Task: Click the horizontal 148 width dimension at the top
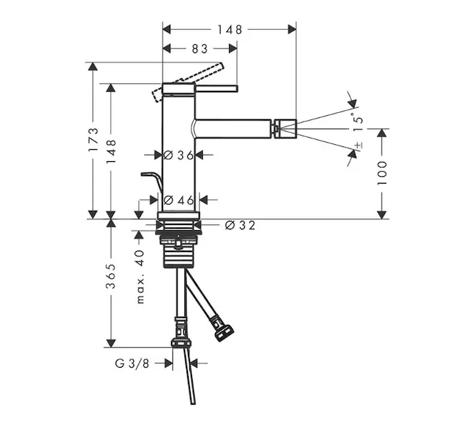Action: [x=230, y=29]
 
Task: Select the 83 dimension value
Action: [x=199, y=48]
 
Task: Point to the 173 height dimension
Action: [x=93, y=140]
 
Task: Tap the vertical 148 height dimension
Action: [x=111, y=152]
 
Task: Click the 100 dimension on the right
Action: [x=382, y=173]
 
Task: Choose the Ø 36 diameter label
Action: [x=179, y=155]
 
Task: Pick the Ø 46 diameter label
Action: [x=179, y=200]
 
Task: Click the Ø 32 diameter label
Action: [x=240, y=226]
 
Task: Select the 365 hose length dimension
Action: [x=111, y=276]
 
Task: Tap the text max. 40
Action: [x=140, y=276]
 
